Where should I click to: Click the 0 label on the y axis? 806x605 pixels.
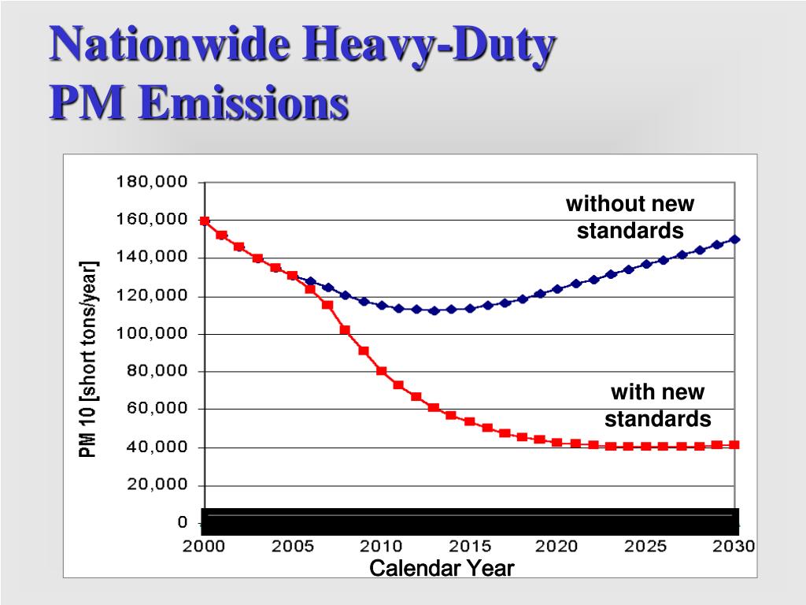click(183, 523)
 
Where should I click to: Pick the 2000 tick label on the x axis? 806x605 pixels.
click(205, 547)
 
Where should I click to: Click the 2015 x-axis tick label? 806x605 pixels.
click(470, 547)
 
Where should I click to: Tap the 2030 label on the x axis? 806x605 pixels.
click(734, 547)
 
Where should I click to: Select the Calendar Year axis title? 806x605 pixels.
click(442, 568)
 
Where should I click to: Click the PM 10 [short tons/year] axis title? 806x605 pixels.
click(88, 359)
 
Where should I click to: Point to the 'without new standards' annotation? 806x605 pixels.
click(630, 217)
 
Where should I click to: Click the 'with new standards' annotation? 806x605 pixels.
click(658, 405)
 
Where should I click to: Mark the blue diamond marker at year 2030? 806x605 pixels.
click(734, 239)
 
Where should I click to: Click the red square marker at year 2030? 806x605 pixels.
click(734, 445)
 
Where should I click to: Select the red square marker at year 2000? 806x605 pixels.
click(205, 221)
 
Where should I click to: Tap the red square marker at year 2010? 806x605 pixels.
click(381, 371)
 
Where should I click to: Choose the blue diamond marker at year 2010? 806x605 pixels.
click(382, 305)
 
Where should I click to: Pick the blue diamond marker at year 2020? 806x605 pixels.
click(557, 289)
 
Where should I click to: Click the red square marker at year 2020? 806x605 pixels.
click(557, 443)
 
